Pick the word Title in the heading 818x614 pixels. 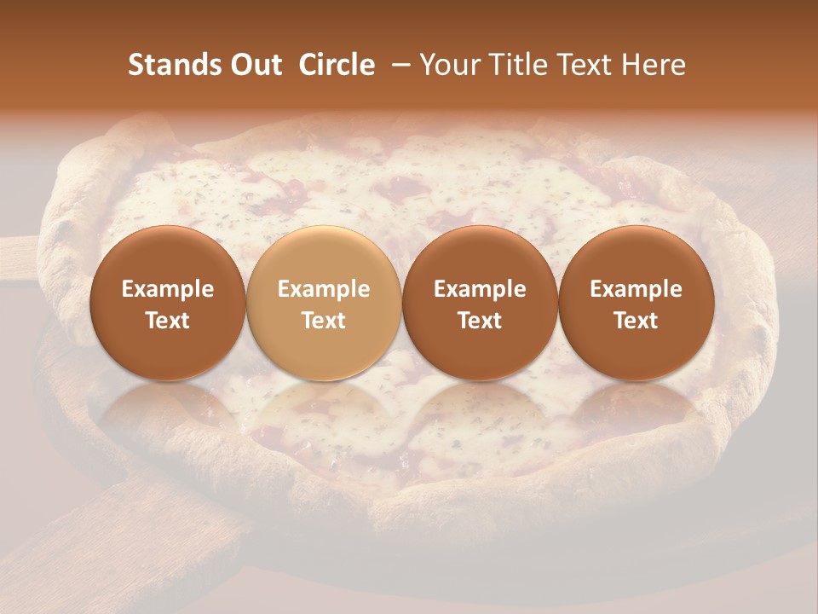click(x=516, y=65)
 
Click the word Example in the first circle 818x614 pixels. click(x=168, y=289)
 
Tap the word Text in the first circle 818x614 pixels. click(x=168, y=321)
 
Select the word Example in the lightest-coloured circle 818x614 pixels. click(x=324, y=289)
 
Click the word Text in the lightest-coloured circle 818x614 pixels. click(x=324, y=321)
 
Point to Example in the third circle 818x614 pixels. click(x=480, y=289)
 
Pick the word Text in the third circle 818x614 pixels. click(x=480, y=321)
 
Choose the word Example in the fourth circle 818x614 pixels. click(x=636, y=289)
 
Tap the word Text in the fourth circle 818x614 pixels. click(x=636, y=321)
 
